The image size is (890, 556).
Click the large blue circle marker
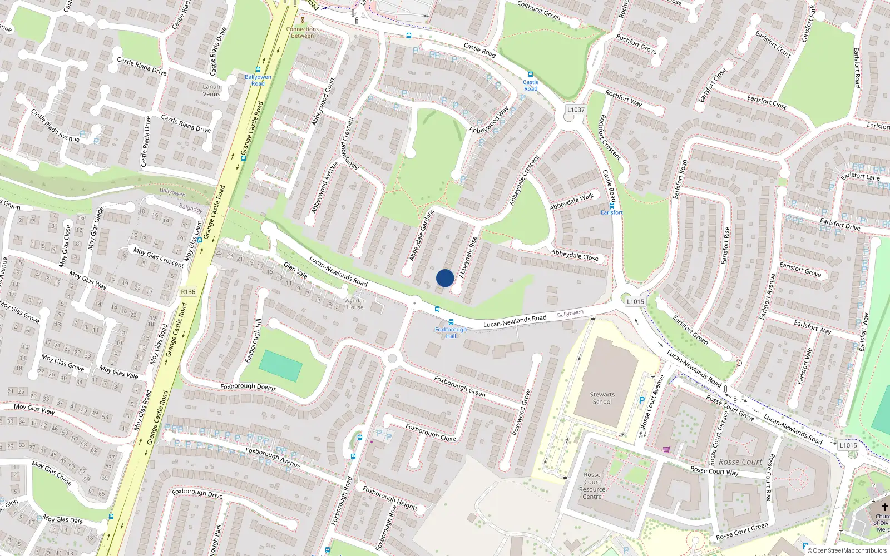click(445, 278)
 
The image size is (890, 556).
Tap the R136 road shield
click(188, 291)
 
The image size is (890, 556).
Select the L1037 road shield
click(576, 110)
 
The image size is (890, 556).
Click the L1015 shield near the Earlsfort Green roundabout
click(635, 301)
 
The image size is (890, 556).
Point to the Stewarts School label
click(602, 398)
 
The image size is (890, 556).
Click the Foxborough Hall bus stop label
click(451, 332)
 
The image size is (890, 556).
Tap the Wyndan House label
click(355, 304)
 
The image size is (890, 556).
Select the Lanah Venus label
click(211, 90)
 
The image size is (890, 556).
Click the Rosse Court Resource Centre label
click(592, 486)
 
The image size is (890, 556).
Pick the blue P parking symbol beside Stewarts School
click(642, 400)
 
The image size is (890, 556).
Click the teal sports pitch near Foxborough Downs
click(280, 365)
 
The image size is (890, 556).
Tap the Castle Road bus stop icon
click(531, 75)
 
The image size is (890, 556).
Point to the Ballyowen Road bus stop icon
click(258, 70)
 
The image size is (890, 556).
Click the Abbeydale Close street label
click(575, 255)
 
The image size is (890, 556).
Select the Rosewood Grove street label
click(521, 412)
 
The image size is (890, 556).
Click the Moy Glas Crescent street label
click(159, 257)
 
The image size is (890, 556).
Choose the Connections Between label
click(303, 32)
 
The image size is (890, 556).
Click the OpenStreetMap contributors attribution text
click(847, 551)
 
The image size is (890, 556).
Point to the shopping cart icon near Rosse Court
click(666, 449)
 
